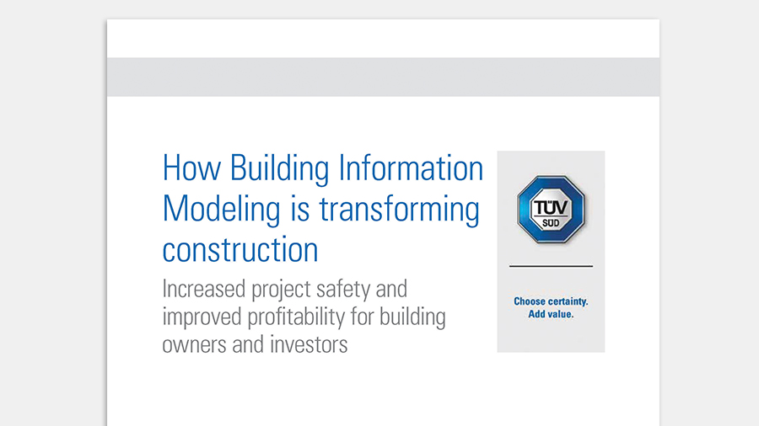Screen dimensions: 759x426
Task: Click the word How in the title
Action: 191,168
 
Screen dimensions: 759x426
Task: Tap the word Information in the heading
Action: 411,168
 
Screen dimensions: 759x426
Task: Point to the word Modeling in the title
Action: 221,210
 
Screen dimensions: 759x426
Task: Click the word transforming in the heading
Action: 400,210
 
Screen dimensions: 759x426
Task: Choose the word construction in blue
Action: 240,250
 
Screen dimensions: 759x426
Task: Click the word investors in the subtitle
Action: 309,345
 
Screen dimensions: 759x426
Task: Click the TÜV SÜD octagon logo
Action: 551,209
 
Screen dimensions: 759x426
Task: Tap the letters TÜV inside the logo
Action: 551,208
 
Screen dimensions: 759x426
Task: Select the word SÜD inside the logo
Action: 551,223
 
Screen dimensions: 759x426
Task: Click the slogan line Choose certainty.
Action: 551,301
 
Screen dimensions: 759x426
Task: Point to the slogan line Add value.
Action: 551,314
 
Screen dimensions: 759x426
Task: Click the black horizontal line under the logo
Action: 551,266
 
